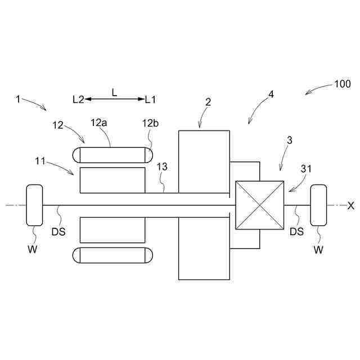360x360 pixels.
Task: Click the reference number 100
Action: click(342, 84)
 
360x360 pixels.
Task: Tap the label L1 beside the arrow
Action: click(151, 100)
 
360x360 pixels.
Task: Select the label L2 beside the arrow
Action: click(78, 100)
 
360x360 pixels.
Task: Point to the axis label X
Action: click(351, 206)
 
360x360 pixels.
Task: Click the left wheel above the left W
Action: click(34, 205)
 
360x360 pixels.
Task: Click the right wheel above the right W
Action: click(319, 205)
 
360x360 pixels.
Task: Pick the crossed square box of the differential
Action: click(259, 205)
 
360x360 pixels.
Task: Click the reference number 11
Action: click(40, 161)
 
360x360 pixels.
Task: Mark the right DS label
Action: click(296, 231)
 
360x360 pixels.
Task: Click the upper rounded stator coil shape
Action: click(112, 155)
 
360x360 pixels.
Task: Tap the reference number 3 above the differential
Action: click(289, 141)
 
